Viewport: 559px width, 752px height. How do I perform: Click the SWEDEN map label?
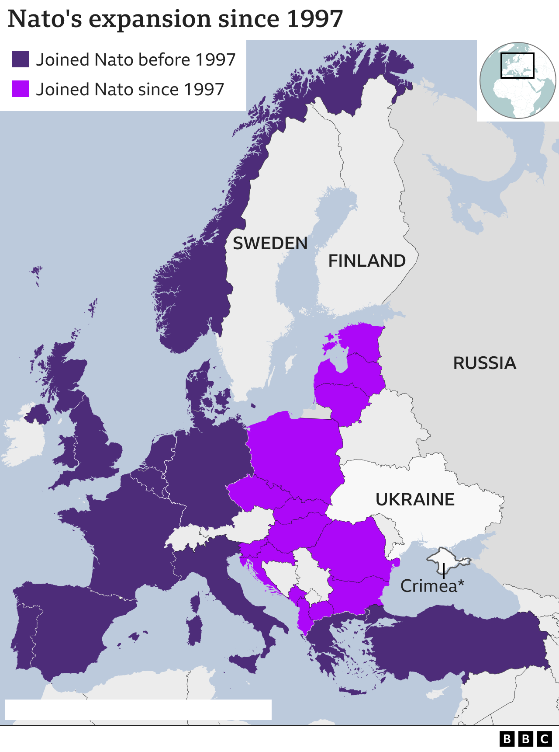coord(270,244)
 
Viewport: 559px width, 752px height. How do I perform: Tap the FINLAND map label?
coord(367,261)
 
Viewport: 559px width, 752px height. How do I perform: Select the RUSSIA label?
coord(484,363)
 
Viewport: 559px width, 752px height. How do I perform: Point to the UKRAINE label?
coord(415,499)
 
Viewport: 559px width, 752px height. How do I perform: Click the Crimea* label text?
coord(432,586)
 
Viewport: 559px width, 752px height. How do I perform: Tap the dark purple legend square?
coord(21,59)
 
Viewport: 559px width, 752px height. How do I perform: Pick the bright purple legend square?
coord(21,89)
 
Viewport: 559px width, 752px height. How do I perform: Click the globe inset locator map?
coord(518,80)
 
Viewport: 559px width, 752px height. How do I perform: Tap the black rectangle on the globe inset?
coord(517,66)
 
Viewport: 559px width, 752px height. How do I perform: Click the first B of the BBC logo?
coord(507,738)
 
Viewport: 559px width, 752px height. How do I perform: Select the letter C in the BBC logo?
coord(544,738)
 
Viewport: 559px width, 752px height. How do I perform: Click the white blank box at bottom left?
coord(138,709)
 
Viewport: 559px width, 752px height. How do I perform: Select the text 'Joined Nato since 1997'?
coord(130,89)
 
